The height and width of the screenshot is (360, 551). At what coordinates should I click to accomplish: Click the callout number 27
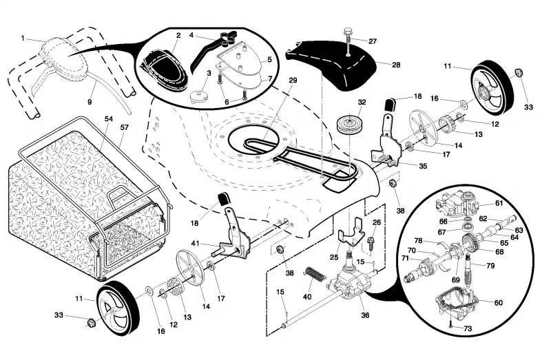pos(373,41)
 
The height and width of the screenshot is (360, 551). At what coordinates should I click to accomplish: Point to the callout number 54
pos(109,119)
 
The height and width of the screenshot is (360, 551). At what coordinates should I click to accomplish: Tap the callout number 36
pos(365,315)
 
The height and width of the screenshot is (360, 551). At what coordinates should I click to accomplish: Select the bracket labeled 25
pos(351,233)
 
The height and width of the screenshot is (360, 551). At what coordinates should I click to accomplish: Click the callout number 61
pos(499,203)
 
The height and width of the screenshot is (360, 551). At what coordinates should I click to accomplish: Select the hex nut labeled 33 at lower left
pos(91,321)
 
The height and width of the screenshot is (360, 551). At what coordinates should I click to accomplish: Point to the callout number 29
pos(293,80)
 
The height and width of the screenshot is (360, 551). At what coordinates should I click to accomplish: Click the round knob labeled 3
pos(198,96)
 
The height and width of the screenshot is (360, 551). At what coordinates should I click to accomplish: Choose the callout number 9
pos(90,102)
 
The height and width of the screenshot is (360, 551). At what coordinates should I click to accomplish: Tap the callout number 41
pos(195,243)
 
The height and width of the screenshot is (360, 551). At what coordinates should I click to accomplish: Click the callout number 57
pos(125,127)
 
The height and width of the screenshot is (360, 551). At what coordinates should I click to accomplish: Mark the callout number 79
pos(490,266)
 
